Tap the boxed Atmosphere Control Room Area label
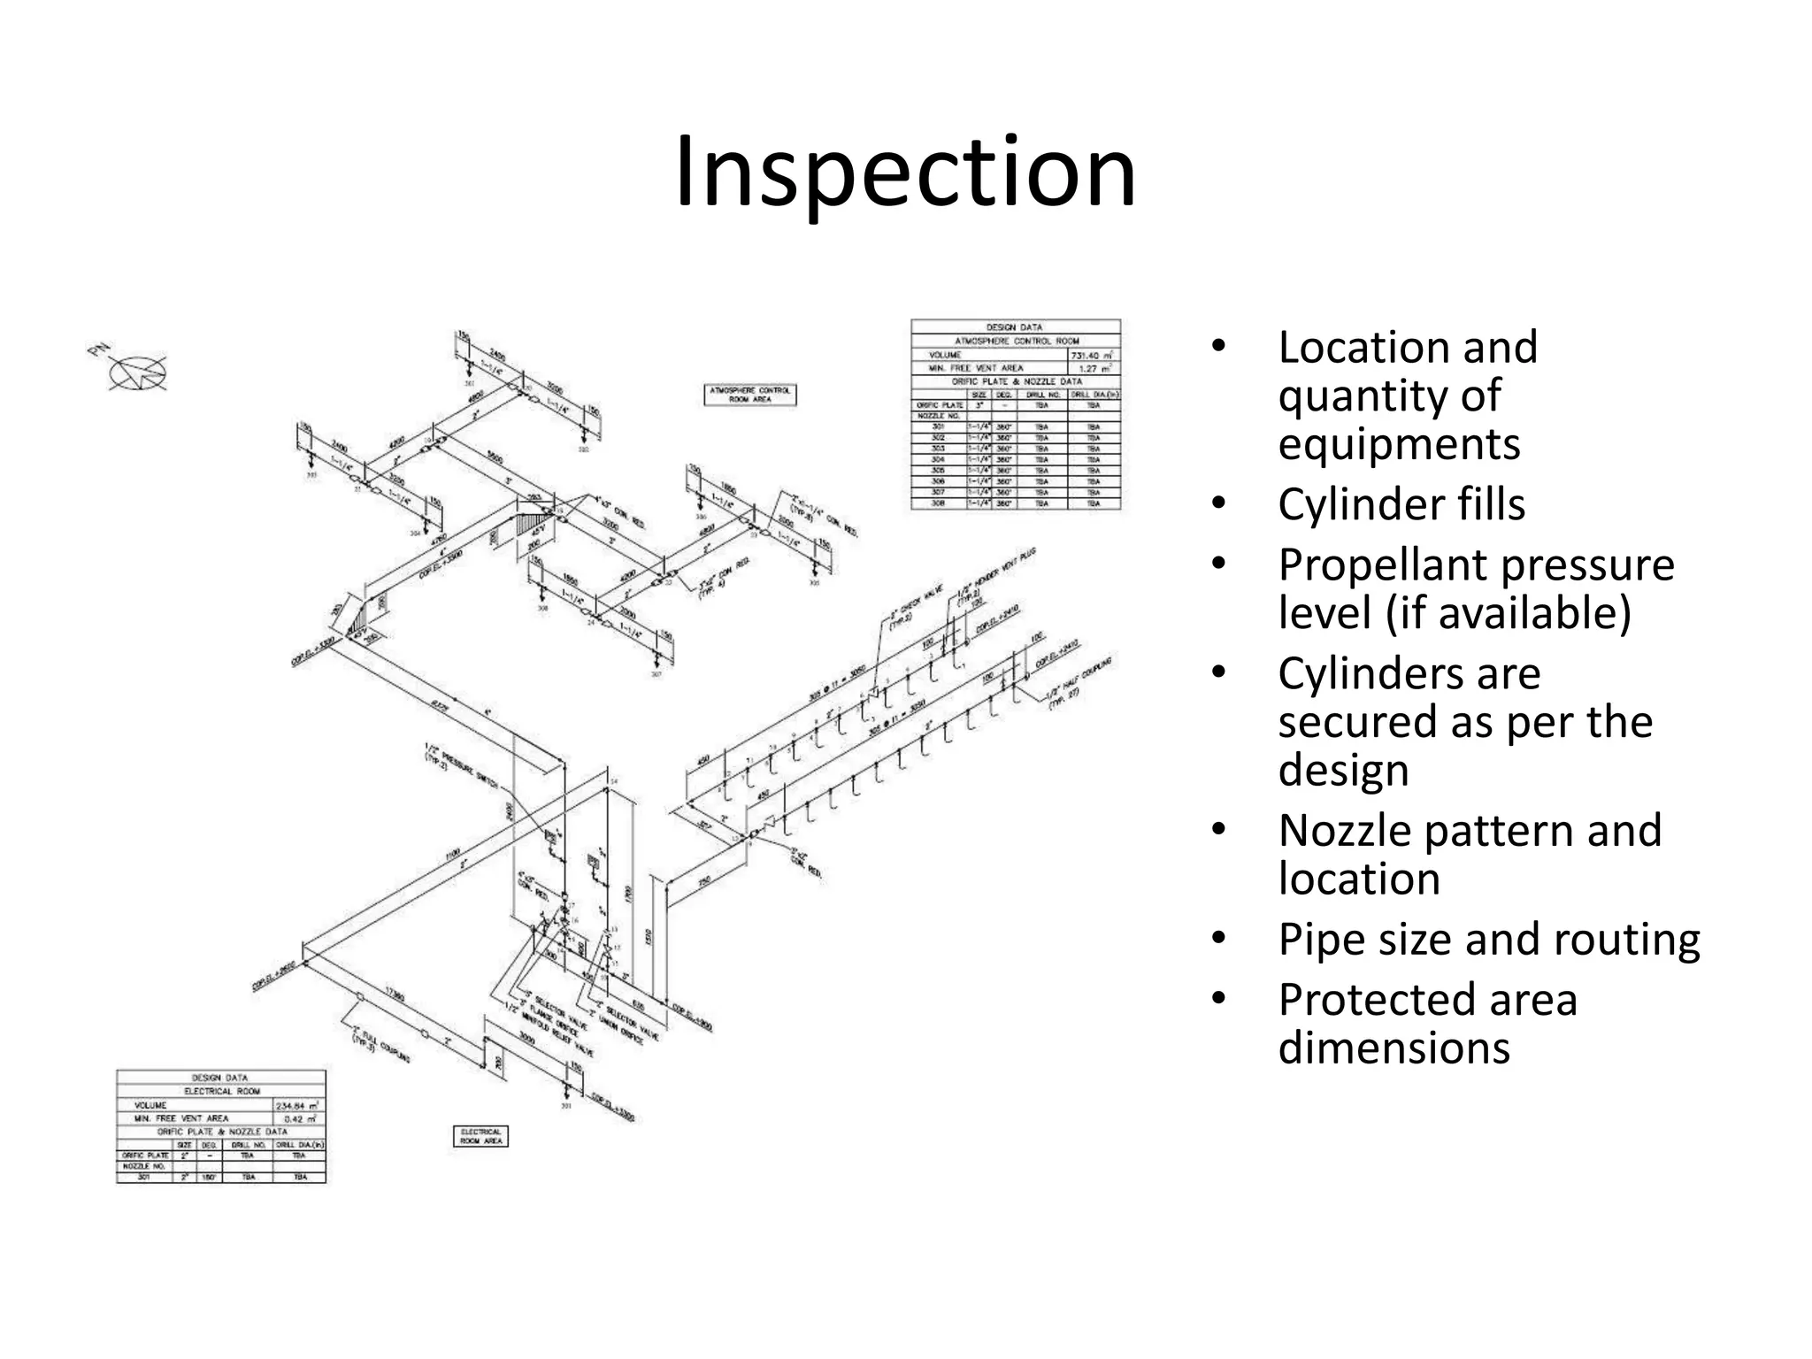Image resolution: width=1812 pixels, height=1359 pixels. click(x=750, y=395)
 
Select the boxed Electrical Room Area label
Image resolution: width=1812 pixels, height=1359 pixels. click(x=480, y=1136)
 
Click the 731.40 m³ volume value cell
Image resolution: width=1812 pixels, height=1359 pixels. click(x=1094, y=354)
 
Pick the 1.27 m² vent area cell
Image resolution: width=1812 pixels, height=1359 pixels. click(x=1094, y=367)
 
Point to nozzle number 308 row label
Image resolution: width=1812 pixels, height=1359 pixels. click(x=938, y=503)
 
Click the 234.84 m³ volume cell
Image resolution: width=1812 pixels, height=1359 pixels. click(x=299, y=1105)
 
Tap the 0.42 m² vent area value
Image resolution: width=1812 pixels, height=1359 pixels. click(x=299, y=1118)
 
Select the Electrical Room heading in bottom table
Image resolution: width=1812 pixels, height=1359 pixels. click(x=221, y=1091)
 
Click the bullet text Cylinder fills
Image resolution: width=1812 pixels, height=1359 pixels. click(x=1401, y=504)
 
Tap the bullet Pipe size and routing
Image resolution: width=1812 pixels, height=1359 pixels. click(x=1488, y=939)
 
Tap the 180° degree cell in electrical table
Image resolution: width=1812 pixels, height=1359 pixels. click(x=209, y=1178)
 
